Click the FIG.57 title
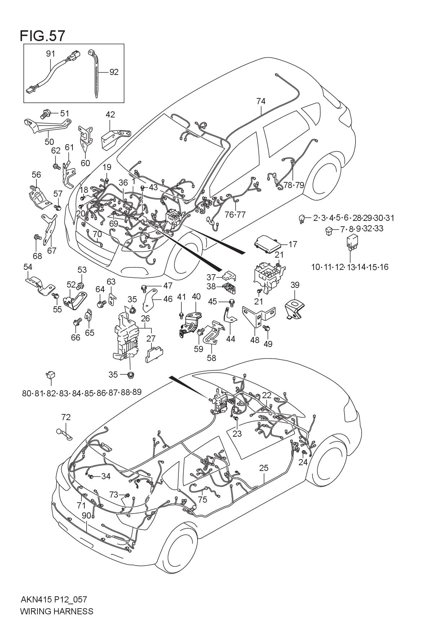[43, 36]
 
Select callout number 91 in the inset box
[50, 54]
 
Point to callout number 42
[110, 115]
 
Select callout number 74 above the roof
[261, 101]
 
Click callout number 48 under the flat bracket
[255, 340]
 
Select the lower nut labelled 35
[131, 375]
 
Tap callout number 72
[66, 417]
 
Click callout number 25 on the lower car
[264, 468]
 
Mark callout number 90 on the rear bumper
[86, 516]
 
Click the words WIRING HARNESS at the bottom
[57, 611]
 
